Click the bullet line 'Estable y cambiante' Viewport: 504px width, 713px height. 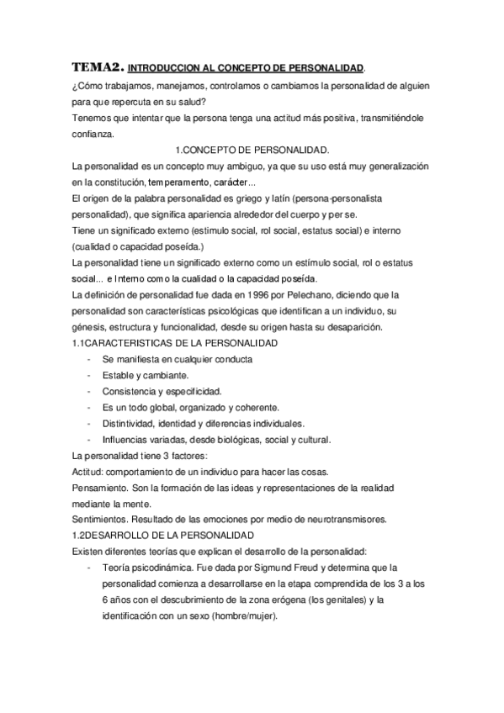point(145,374)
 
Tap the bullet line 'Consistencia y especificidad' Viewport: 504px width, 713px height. point(162,391)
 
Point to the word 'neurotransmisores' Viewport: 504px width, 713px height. point(344,519)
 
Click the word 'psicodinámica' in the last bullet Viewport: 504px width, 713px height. point(166,568)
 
